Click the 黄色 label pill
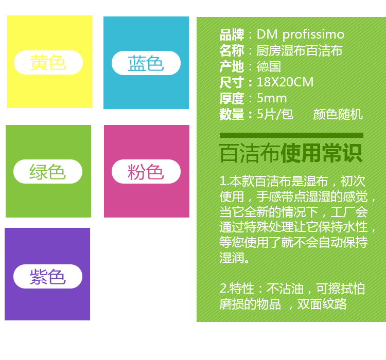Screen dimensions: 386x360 point(48,63)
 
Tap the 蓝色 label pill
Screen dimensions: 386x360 point(146,63)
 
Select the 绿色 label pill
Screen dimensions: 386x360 point(48,171)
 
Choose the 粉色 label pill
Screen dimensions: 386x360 point(146,171)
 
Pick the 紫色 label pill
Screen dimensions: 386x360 point(48,276)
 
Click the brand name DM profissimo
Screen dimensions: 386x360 point(301,34)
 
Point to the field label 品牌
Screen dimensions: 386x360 point(232,34)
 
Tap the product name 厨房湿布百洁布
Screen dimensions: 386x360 point(300,51)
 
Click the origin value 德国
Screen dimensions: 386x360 point(269,67)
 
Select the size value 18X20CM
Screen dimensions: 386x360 point(285,82)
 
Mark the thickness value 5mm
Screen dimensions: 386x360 point(272,98)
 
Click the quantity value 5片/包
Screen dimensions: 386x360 point(275,114)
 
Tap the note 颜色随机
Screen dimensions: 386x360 point(338,114)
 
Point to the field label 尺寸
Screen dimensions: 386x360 point(232,82)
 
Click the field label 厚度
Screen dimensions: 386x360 point(232,98)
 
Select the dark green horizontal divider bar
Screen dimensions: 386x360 point(291,135)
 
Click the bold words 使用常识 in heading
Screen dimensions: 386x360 point(322,153)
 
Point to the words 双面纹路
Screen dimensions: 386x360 point(322,304)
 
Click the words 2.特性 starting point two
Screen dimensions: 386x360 point(237,289)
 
